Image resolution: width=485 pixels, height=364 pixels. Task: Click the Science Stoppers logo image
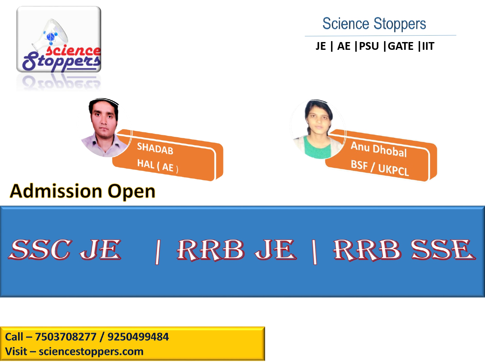(x=59, y=39)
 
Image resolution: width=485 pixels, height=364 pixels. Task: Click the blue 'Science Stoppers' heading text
(x=374, y=24)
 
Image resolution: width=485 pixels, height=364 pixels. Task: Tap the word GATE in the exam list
(x=401, y=46)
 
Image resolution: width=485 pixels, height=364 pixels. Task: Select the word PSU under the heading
(x=369, y=46)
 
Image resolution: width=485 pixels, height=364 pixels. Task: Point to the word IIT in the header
(x=428, y=46)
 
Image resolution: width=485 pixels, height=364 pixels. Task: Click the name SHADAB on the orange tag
(x=155, y=149)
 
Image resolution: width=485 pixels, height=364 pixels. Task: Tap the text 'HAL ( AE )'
(x=157, y=166)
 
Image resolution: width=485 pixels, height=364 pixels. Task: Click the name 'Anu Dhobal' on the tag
(x=379, y=149)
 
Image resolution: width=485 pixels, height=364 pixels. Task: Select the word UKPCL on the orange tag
(x=393, y=170)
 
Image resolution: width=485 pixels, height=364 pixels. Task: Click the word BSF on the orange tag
(x=359, y=164)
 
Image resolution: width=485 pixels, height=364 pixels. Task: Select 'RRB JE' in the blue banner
(x=237, y=250)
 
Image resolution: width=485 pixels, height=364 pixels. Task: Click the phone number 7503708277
(x=66, y=337)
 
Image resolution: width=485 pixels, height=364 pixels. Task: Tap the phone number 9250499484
(x=138, y=337)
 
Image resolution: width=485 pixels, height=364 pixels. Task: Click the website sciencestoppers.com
(x=91, y=351)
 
